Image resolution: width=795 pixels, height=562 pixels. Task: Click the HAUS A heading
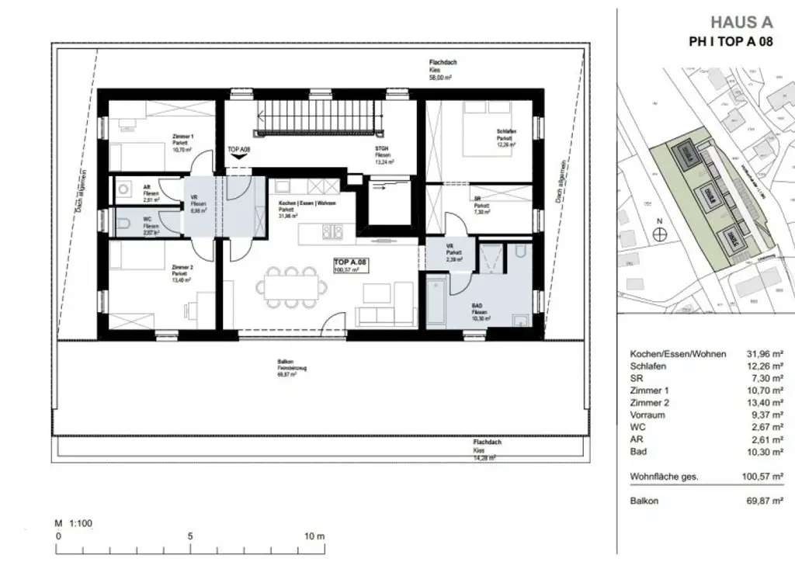(742, 23)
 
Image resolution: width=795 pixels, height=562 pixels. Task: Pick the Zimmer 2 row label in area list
(650, 403)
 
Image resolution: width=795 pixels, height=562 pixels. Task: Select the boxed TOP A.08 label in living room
(351, 266)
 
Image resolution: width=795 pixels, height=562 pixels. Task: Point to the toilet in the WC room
(123, 226)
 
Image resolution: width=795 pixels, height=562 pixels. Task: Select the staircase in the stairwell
(321, 120)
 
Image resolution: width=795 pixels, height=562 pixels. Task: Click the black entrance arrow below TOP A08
(238, 156)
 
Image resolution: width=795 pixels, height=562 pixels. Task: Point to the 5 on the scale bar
(189, 536)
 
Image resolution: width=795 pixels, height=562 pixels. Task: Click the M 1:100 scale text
(74, 523)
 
